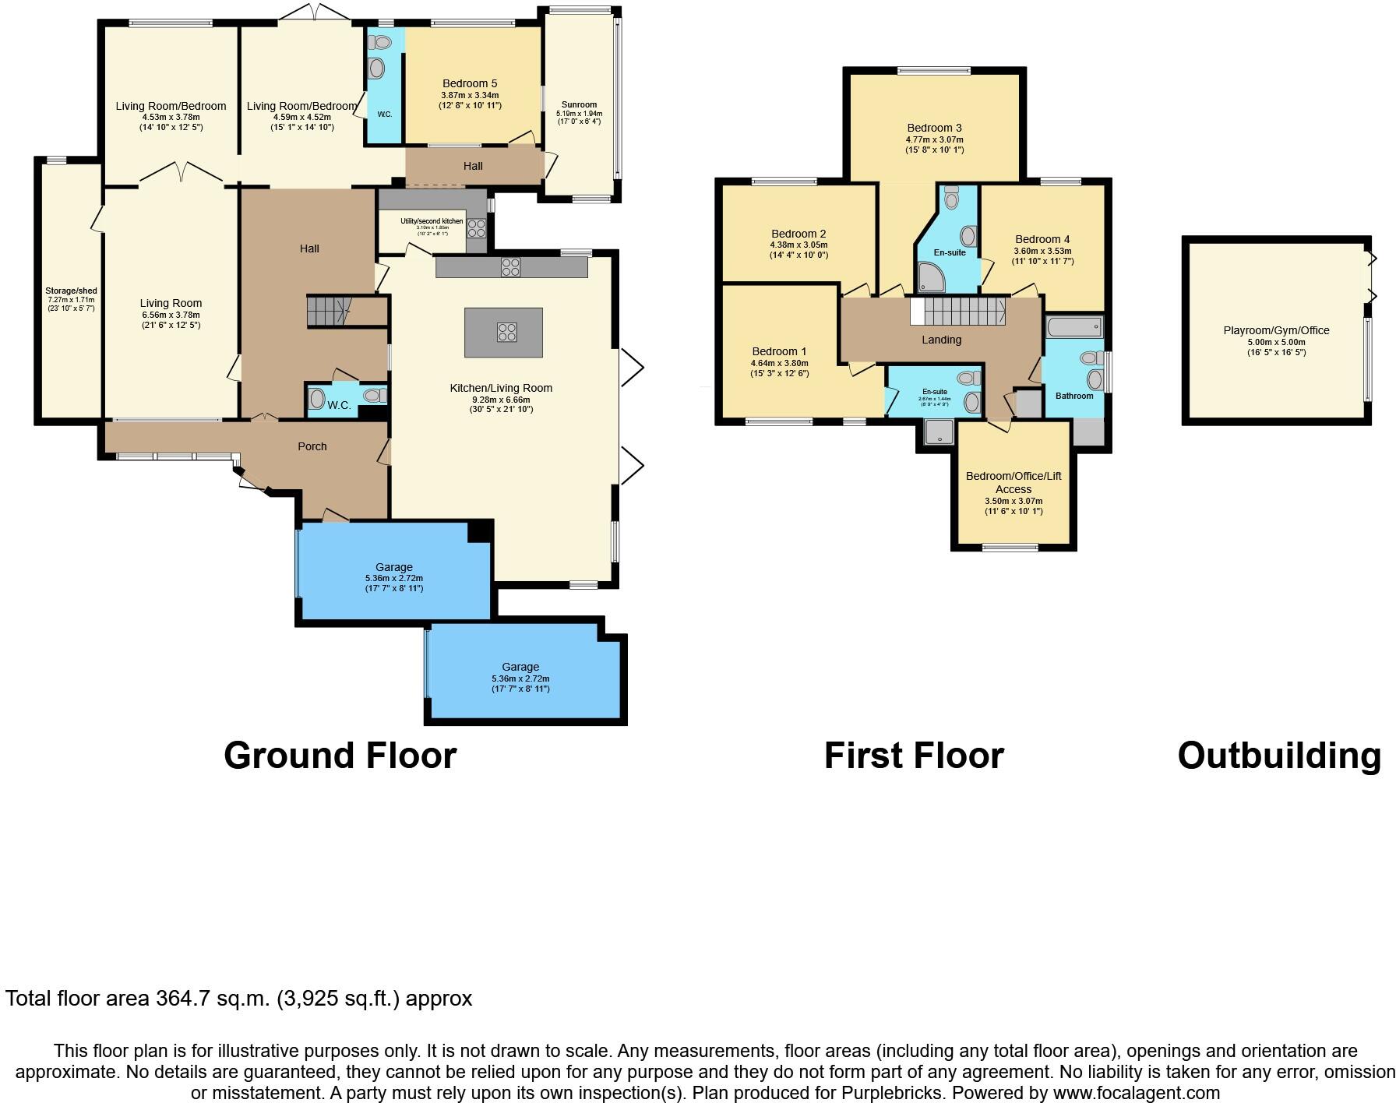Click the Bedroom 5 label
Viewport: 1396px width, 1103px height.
(469, 83)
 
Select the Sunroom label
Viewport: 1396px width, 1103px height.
(579, 104)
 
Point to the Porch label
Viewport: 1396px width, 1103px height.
(312, 446)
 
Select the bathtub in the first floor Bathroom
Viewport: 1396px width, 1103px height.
(1073, 326)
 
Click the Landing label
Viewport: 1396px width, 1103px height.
(941, 340)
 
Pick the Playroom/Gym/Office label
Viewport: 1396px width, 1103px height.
(1276, 330)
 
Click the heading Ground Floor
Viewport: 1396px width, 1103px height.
(340, 756)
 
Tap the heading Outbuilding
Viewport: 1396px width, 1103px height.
(1278, 756)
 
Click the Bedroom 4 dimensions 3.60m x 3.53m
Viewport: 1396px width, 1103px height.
(1042, 251)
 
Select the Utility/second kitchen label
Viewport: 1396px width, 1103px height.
(432, 221)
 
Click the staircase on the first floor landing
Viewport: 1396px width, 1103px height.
(958, 312)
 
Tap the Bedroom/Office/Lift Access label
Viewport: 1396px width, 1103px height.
(1013, 482)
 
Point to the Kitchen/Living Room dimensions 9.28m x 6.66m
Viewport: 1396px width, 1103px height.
(501, 399)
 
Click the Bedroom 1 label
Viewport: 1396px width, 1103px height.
(779, 351)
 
